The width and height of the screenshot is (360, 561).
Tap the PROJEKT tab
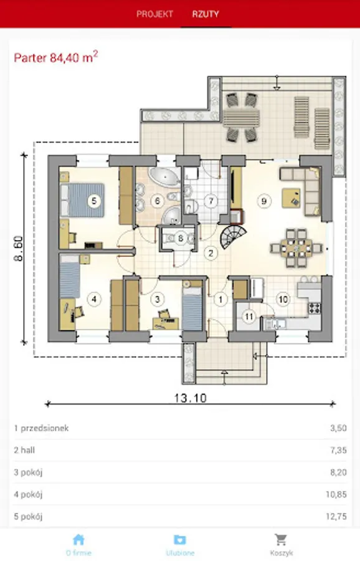[x=154, y=14]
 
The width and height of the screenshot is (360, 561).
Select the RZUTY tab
[x=206, y=14]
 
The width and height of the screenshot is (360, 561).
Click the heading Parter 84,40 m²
[x=56, y=57]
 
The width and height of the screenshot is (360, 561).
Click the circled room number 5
[x=94, y=201]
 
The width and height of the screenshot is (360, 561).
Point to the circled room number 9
[x=264, y=201]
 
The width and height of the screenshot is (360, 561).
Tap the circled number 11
[x=249, y=316]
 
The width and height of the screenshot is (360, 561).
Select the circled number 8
[x=181, y=238]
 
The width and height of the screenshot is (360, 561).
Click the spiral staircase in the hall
[x=233, y=236]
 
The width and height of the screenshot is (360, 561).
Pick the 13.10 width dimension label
[x=190, y=398]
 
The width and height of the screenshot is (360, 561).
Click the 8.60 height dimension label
[x=19, y=248]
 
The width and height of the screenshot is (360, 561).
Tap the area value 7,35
[x=338, y=450]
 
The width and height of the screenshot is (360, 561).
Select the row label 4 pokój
[x=28, y=495]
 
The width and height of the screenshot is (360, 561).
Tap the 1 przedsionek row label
[x=41, y=428]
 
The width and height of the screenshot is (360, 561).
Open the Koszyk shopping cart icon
[x=281, y=540]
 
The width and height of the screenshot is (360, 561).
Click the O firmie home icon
[x=78, y=540]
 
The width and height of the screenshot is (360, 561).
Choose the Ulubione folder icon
[x=180, y=540]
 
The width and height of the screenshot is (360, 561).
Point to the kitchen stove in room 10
[x=315, y=308]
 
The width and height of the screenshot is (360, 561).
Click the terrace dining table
[x=241, y=117]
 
